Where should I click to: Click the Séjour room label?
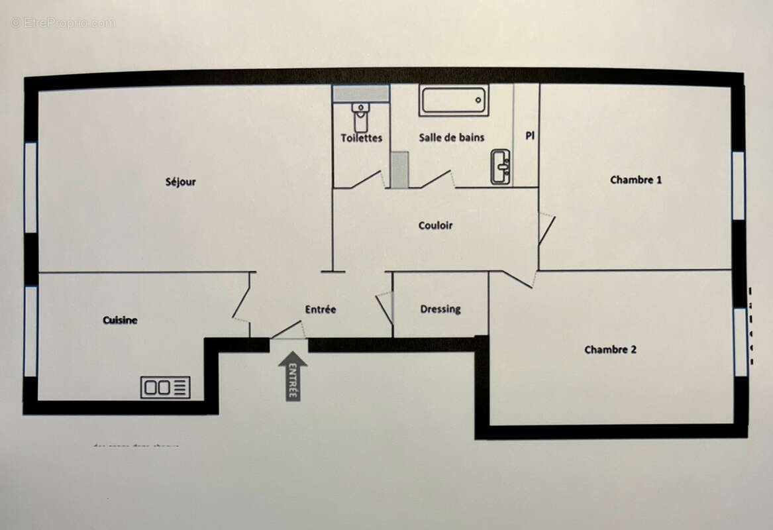coord(180,182)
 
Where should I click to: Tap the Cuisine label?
coord(120,320)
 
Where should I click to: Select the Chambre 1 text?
coord(636,180)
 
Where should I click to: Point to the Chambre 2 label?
coord(610,349)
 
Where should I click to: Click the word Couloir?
coord(435,225)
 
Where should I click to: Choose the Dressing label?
coord(440,309)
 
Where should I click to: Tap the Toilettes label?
coord(362,138)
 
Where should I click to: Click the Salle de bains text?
coord(451,137)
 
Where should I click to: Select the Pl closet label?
coord(530,135)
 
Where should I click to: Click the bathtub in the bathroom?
coord(454,101)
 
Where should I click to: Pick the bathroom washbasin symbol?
coord(499,166)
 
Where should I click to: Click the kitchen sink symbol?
coord(165,387)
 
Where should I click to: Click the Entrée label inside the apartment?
coord(321,309)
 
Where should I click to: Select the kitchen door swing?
coord(240,302)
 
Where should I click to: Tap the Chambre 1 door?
coord(546,229)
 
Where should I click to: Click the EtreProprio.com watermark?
coord(63,23)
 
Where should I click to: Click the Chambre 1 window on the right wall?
coord(738,185)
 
